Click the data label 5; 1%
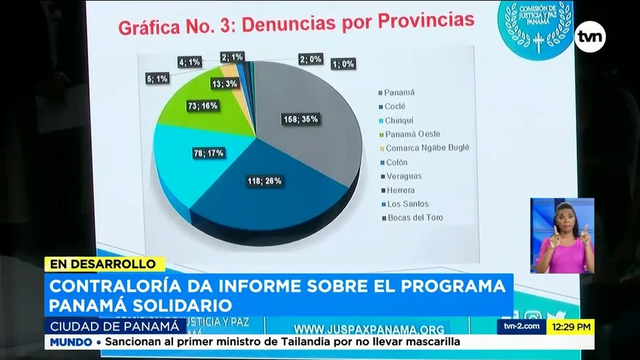tap(156, 79)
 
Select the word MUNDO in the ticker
tap(68, 342)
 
